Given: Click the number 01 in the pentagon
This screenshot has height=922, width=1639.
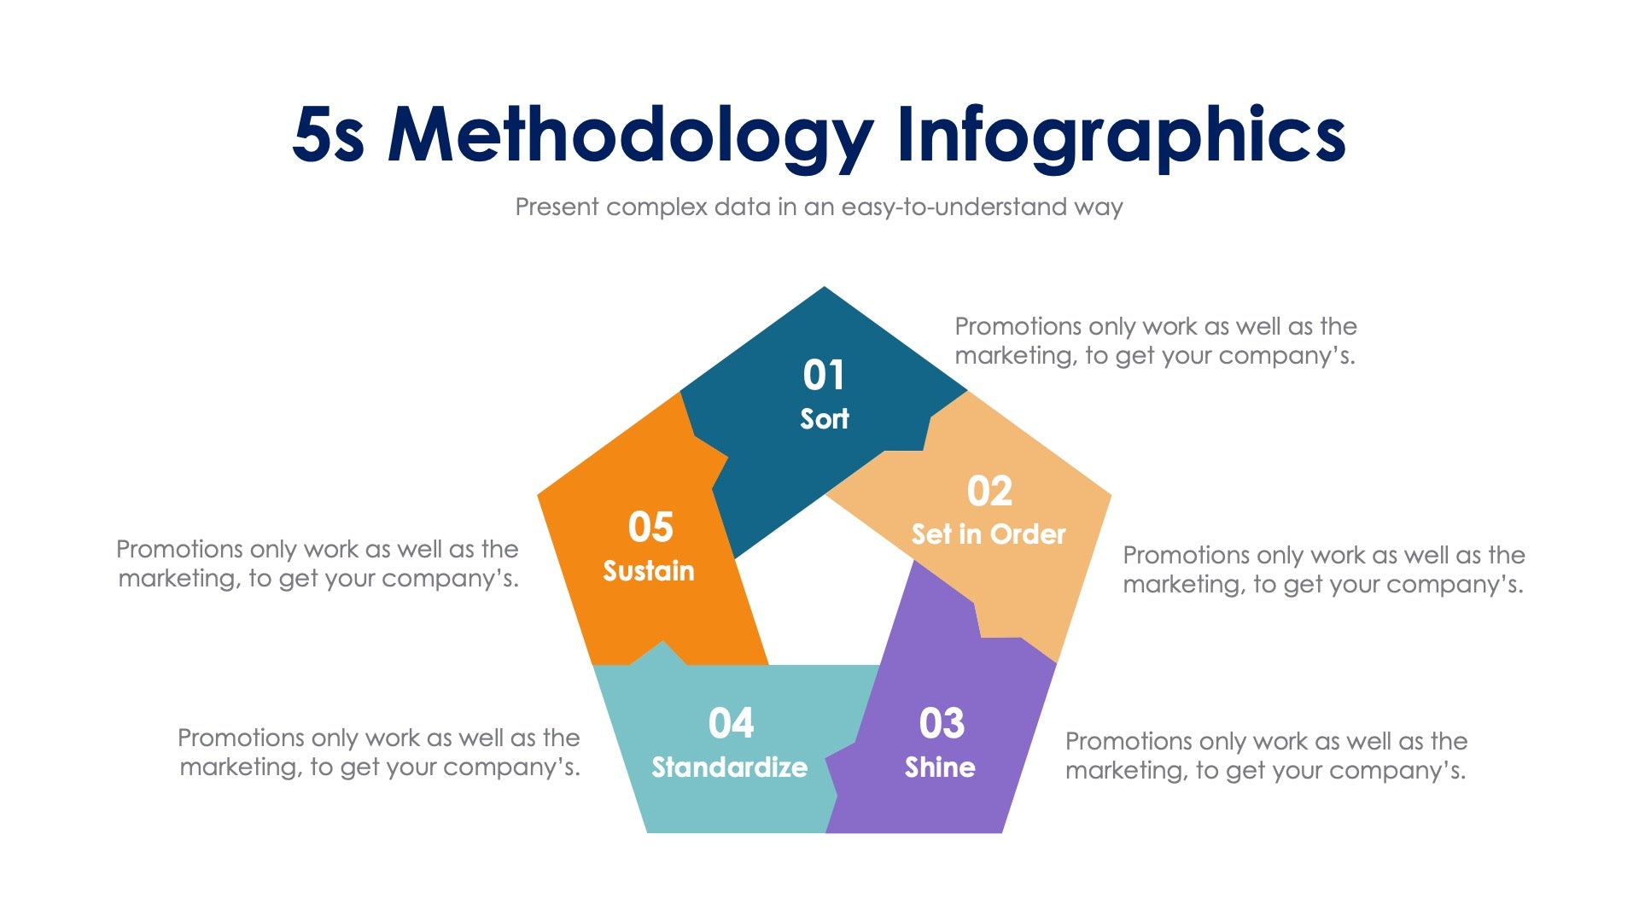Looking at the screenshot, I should coord(824,375).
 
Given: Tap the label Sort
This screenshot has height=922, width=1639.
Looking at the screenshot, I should coord(825,418).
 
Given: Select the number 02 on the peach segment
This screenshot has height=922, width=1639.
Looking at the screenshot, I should coord(989,491).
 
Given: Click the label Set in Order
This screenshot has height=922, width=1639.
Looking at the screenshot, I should coord(989,534).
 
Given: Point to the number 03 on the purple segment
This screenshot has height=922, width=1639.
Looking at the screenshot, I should coord(942,724).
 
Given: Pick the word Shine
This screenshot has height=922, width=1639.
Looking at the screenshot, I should coord(940,767).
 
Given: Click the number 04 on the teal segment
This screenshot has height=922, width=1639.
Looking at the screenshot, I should coord(731,724).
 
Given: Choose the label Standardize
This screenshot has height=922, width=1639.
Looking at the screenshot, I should coord(729,767).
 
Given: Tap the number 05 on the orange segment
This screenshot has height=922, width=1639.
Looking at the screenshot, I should coord(650,527).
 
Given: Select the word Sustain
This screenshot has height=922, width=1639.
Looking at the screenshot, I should coord(649,570).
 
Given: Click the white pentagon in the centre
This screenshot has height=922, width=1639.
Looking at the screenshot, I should coord(824,589).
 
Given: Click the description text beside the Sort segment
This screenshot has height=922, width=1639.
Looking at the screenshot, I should coord(1155,341).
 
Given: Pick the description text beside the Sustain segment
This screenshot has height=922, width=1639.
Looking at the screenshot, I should coord(318,563).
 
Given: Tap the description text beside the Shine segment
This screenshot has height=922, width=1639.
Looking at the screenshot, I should coord(1266,756).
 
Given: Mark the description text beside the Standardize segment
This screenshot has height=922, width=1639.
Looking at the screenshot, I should coord(379,752).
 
